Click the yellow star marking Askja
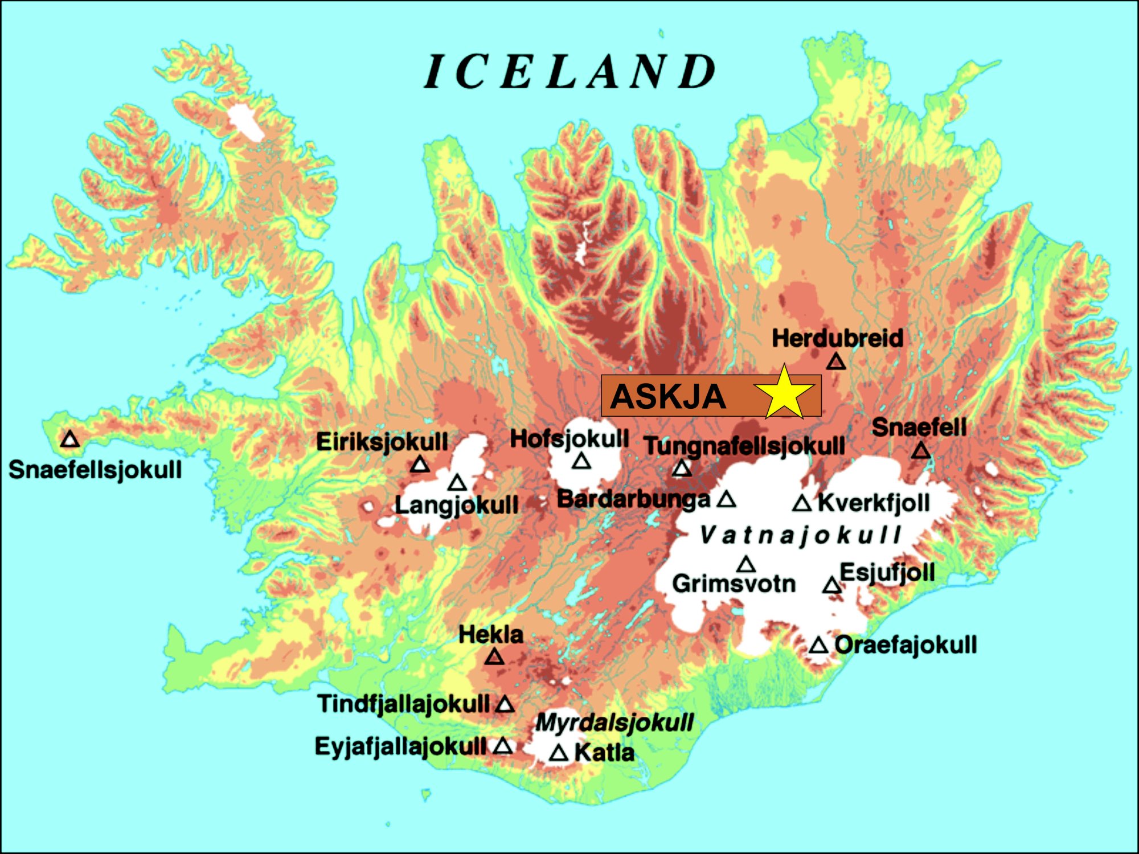point(784,395)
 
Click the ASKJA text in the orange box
point(668,396)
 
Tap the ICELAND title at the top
point(569,72)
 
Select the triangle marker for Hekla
point(494,658)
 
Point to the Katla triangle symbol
point(559,754)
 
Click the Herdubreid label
point(837,338)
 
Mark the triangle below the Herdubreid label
point(835,362)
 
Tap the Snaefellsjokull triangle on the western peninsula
point(70,440)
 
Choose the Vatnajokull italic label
point(800,535)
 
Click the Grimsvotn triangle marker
point(745,565)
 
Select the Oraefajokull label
point(906,645)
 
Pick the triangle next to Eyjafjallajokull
point(502,746)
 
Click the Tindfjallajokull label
point(403,704)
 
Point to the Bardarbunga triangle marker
point(726,500)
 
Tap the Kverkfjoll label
point(874,503)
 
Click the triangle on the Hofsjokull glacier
point(581,461)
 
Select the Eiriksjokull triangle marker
point(420,465)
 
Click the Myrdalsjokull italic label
point(614,722)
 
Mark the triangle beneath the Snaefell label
point(921,451)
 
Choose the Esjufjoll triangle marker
point(831,585)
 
